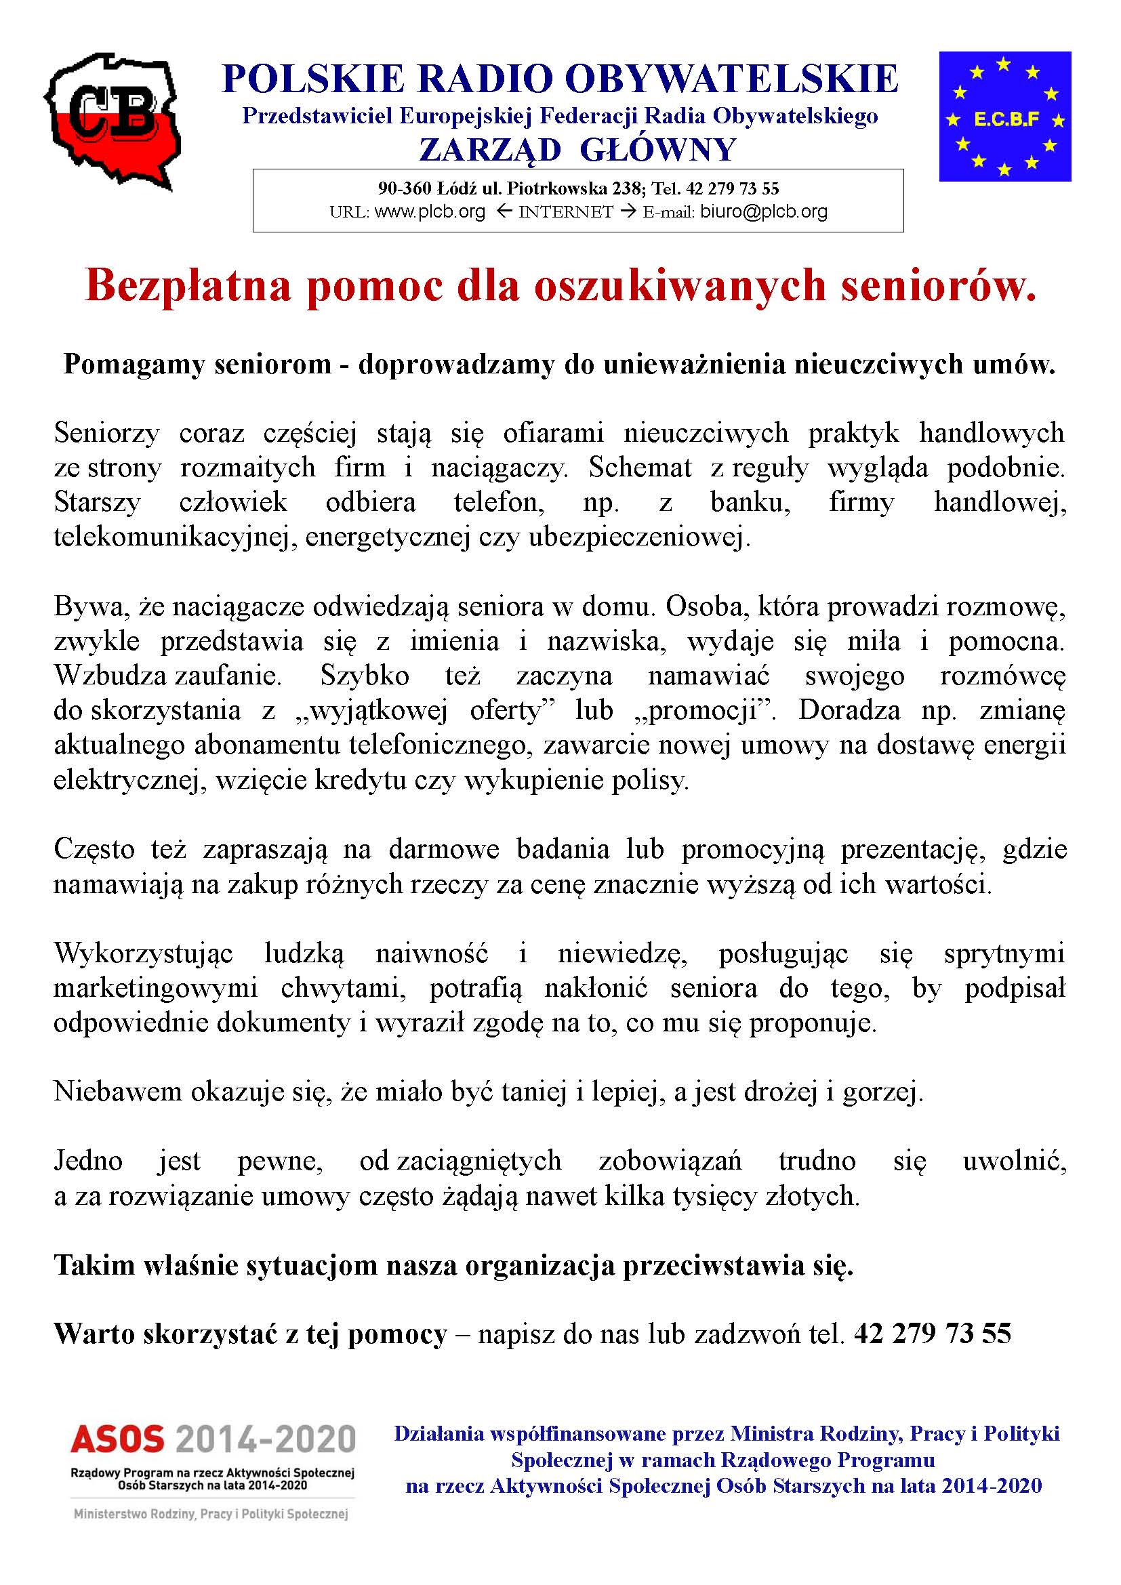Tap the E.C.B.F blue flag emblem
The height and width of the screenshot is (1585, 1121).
coord(1004,116)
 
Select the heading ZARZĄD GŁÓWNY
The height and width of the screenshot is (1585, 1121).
coord(577,150)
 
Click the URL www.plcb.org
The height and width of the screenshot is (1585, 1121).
coord(429,211)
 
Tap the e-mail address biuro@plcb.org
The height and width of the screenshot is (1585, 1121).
coord(763,211)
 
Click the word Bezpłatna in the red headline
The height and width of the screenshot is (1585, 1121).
coord(188,286)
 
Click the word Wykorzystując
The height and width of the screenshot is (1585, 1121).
coord(143,953)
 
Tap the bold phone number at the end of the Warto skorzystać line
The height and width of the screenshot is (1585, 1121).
coord(932,1334)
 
